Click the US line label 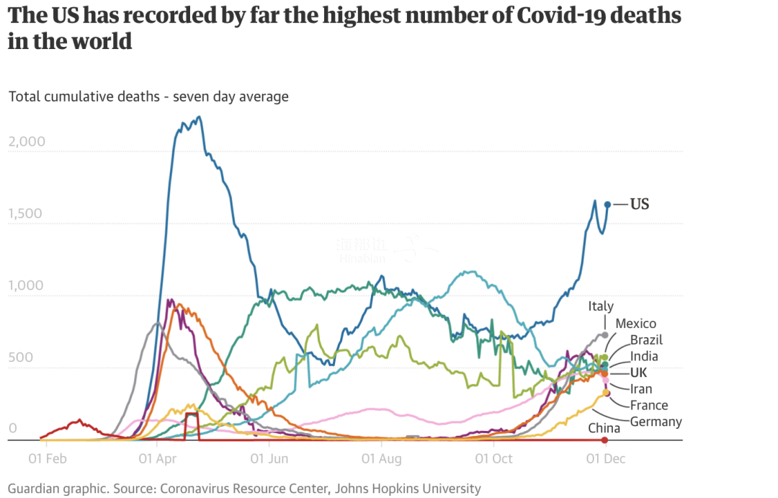(640, 204)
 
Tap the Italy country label (601, 306)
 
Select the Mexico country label (635, 324)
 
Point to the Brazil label (646, 339)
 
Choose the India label (644, 356)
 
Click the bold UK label (638, 373)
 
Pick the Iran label (641, 389)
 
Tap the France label (649, 405)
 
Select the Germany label (656, 422)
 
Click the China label (603, 428)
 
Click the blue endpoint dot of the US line (607, 205)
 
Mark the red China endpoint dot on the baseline (605, 440)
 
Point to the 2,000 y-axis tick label (27, 141)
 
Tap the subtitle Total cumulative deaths (84, 96)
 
